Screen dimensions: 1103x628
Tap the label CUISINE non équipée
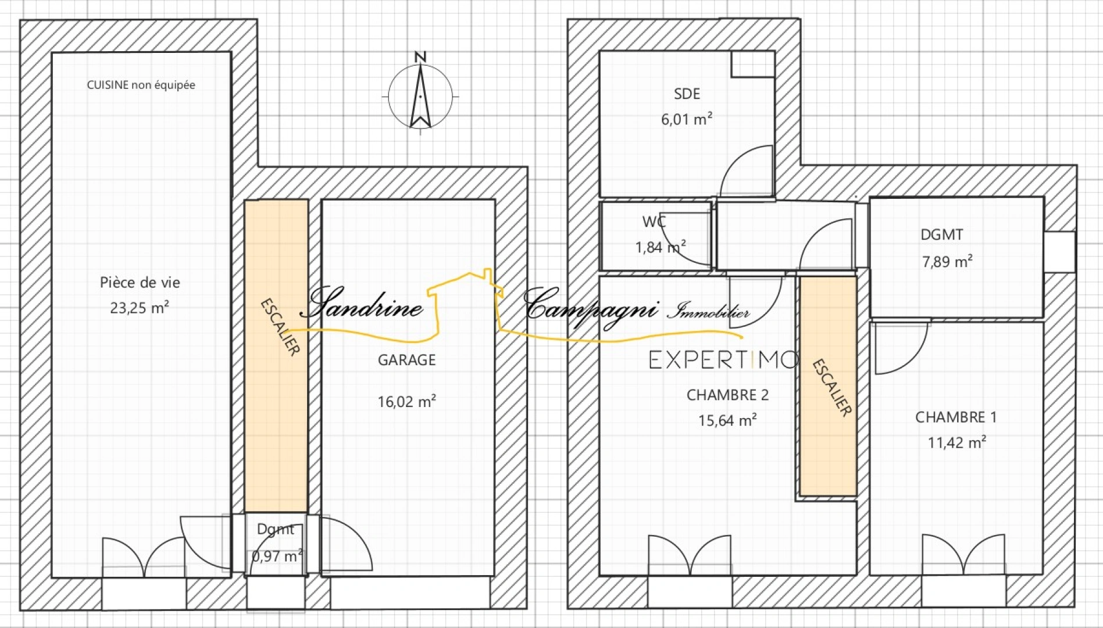(x=141, y=85)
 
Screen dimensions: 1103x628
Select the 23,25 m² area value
(x=140, y=307)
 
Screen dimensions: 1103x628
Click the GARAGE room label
(x=407, y=360)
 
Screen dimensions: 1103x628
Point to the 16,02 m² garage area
(x=407, y=401)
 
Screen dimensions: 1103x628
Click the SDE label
(x=687, y=94)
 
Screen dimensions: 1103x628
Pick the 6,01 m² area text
(x=687, y=119)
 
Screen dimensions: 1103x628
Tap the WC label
(x=654, y=222)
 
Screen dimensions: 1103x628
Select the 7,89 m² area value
(x=947, y=261)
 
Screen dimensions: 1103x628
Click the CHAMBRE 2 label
(x=727, y=395)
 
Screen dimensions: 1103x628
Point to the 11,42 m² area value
(x=956, y=442)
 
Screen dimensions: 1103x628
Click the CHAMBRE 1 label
(x=956, y=417)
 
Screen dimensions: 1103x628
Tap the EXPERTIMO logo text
(x=724, y=360)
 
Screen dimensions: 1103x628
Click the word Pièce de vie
(x=140, y=283)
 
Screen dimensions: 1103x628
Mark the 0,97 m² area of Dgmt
(x=277, y=556)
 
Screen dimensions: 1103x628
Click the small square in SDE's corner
(x=752, y=64)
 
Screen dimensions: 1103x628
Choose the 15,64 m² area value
(x=727, y=420)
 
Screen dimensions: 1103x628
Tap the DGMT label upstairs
(x=942, y=235)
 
